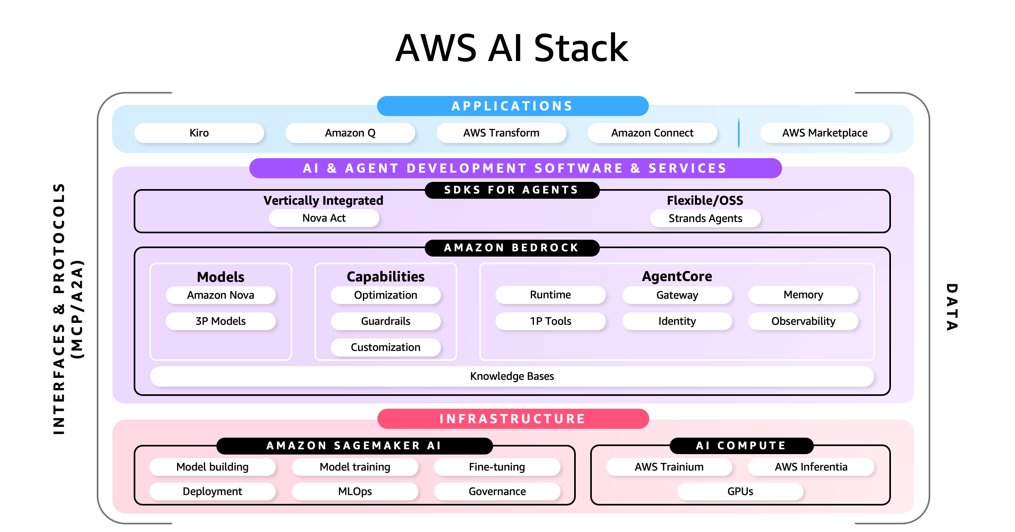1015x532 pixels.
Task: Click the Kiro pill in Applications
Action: tap(199, 133)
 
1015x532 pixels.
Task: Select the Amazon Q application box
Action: tap(350, 133)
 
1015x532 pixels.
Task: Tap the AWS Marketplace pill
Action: tap(825, 133)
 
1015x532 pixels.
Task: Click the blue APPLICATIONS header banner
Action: tap(512, 106)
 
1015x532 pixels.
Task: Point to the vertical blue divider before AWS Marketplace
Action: tap(738, 133)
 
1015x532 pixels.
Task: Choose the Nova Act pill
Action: tap(324, 218)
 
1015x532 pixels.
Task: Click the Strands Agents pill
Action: tap(705, 218)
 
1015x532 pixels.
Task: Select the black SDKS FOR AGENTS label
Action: tap(512, 190)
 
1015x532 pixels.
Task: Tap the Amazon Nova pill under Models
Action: tap(220, 295)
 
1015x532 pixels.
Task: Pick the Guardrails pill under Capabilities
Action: tap(385, 321)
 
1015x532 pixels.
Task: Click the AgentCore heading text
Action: tap(677, 276)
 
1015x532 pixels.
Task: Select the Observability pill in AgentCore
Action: tap(803, 321)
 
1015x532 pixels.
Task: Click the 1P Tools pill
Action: tap(550, 321)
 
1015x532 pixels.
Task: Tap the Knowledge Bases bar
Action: tap(512, 376)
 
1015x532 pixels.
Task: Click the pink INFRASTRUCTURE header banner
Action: tap(513, 419)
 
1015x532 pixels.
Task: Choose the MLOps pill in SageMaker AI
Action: tap(355, 491)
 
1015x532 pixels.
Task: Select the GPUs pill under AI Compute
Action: tap(740, 491)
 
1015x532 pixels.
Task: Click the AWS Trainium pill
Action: tap(669, 467)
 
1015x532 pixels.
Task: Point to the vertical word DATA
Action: tap(952, 307)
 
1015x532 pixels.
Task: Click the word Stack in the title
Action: tap(581, 48)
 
